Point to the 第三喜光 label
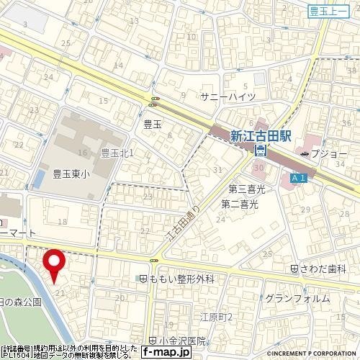(x=247, y=189)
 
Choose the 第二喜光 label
(x=240, y=204)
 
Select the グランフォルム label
(x=297, y=299)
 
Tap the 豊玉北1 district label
(x=118, y=153)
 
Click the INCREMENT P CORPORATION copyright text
(x=312, y=355)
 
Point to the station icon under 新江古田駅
(x=261, y=150)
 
